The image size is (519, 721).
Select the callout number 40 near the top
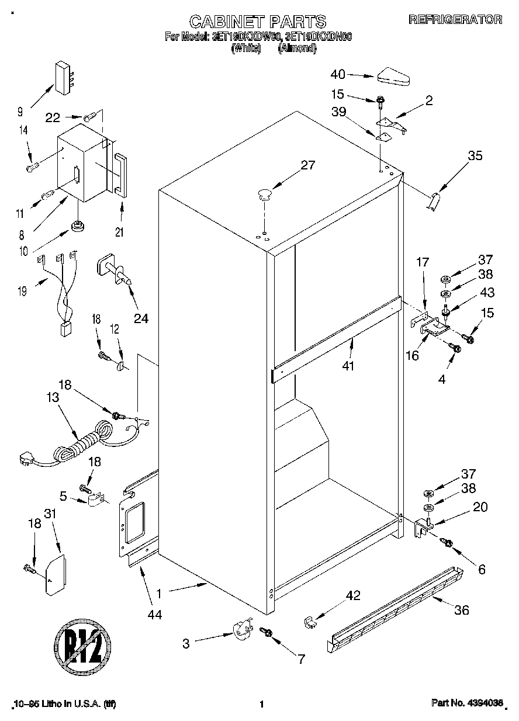pyautogui.click(x=338, y=74)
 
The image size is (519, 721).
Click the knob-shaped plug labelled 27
pyautogui.click(x=264, y=193)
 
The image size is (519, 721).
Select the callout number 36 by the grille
pyautogui.click(x=462, y=611)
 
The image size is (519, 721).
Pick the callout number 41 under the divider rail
pyautogui.click(x=351, y=367)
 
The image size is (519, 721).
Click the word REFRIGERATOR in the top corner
pyautogui.click(x=455, y=19)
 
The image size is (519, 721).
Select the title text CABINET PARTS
pyautogui.click(x=257, y=22)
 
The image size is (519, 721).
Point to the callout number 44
pyautogui.click(x=155, y=614)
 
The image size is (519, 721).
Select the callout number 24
pyautogui.click(x=141, y=318)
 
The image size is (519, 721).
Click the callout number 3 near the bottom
pyautogui.click(x=186, y=644)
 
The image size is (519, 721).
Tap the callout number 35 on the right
pyautogui.click(x=475, y=156)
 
